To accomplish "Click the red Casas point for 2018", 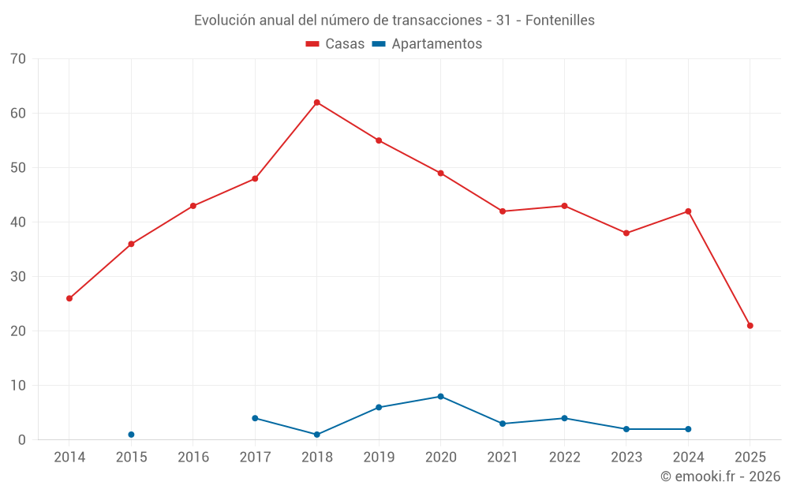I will coord(317,103).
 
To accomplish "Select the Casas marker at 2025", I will coord(750,326).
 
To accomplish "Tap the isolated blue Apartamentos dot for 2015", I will coord(131,435).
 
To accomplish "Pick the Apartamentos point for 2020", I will coord(440,397).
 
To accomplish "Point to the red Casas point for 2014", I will coord(69,298).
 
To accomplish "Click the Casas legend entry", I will coord(335,44).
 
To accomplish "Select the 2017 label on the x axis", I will coord(255,458).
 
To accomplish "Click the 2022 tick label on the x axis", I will coord(564,458).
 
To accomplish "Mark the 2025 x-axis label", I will coord(750,458).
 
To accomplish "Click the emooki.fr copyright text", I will coord(720,476).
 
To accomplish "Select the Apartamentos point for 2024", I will coord(688,429).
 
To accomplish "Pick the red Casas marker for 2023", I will coord(626,233).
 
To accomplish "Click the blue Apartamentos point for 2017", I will coord(255,418).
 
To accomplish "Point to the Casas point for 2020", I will coord(440,174).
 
